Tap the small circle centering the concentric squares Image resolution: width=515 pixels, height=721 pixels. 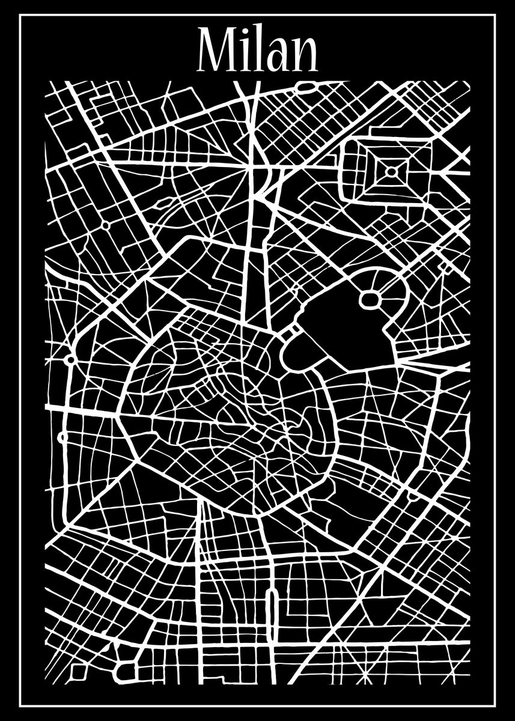pyautogui.click(x=392, y=172)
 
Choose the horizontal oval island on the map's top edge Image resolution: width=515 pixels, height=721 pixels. pyautogui.click(x=306, y=87)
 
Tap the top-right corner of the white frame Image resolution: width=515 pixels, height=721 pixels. pyautogui.click(x=495, y=15)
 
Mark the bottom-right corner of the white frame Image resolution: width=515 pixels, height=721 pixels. pyautogui.click(x=495, y=705)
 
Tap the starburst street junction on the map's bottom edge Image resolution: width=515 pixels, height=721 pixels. pyautogui.click(x=363, y=678)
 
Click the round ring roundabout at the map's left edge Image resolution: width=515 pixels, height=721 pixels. pyautogui.click(x=70, y=359)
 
